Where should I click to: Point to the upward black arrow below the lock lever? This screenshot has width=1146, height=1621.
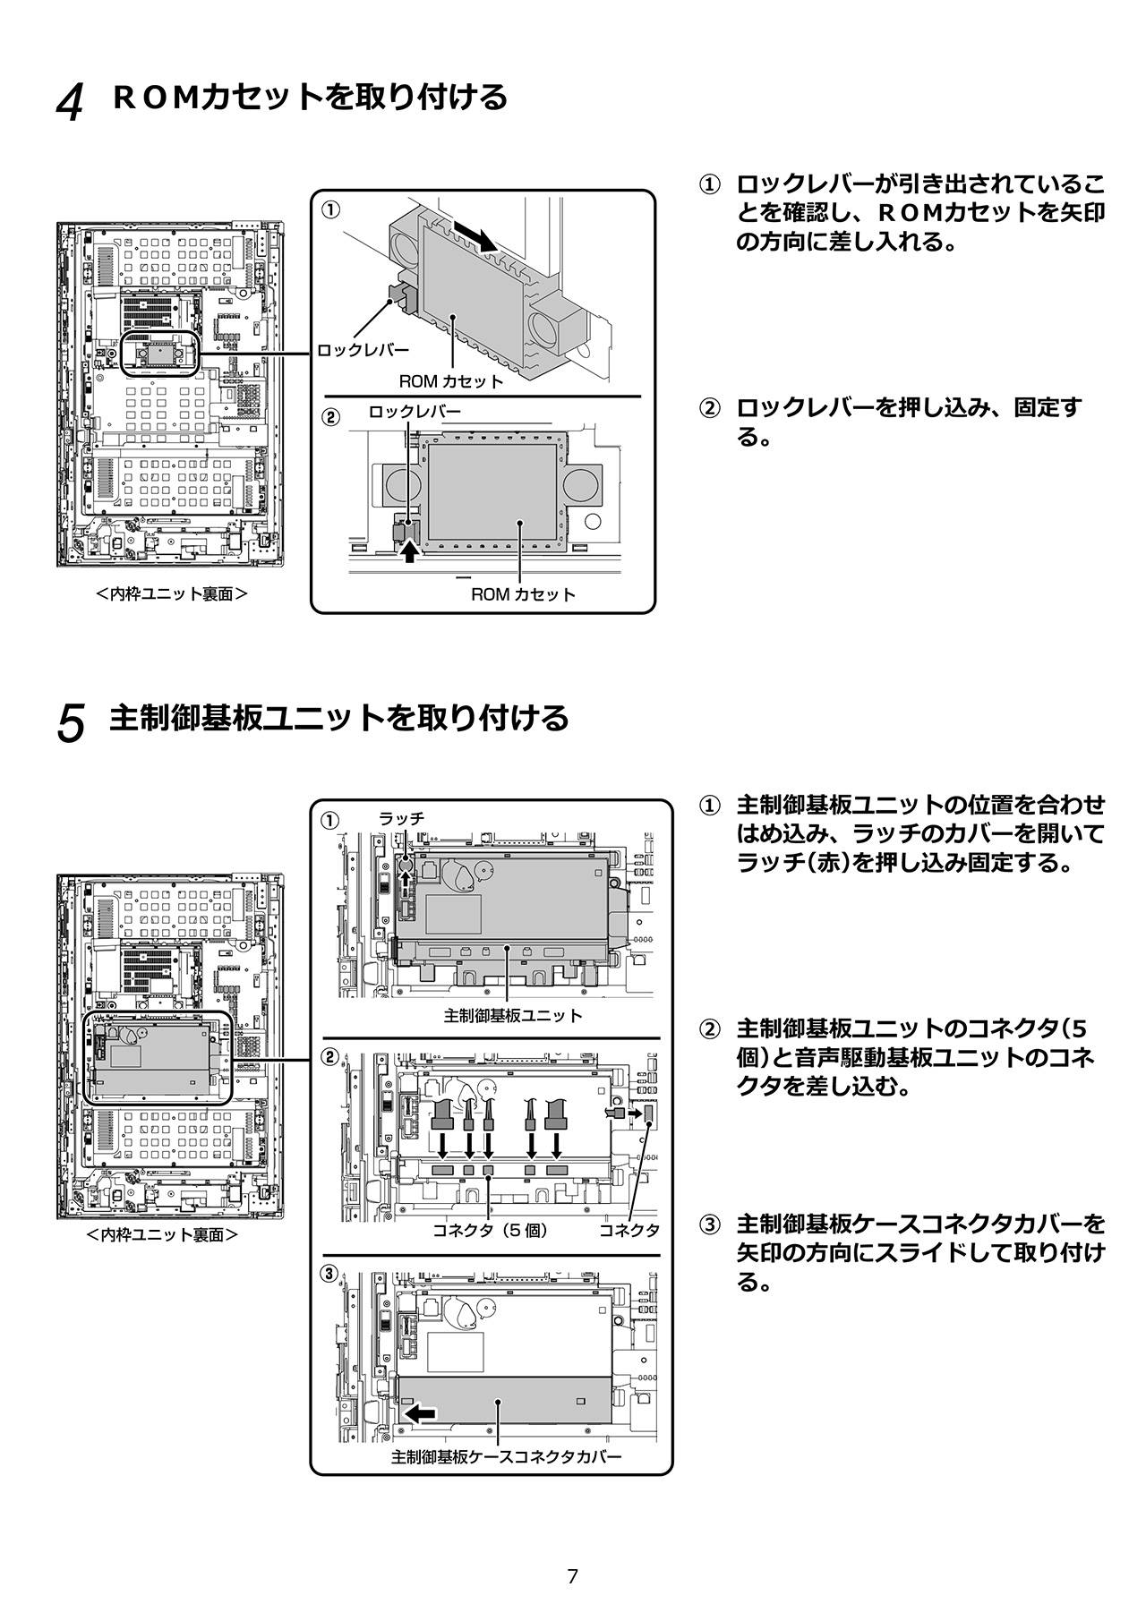(x=409, y=551)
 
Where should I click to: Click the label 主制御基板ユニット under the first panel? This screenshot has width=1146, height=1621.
(x=512, y=1016)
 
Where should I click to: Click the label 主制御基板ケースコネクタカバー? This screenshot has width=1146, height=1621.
(x=506, y=1457)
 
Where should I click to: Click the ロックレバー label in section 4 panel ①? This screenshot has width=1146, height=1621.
(x=363, y=350)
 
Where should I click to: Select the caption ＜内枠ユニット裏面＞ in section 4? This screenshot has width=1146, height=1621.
(x=172, y=593)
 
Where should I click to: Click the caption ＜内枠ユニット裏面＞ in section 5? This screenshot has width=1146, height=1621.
(x=162, y=1235)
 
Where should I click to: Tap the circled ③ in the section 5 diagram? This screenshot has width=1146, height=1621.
(x=330, y=1273)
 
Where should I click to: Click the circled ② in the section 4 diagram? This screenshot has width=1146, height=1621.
(x=330, y=417)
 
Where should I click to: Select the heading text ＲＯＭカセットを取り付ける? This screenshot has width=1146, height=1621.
(x=310, y=97)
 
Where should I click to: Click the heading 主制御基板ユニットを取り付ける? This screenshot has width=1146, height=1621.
(x=338, y=718)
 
